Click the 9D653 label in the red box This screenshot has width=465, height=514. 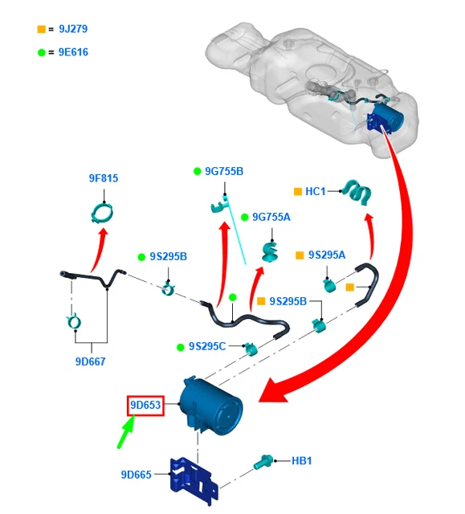145,405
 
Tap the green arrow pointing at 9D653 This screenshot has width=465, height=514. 126,431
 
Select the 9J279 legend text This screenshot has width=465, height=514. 73,29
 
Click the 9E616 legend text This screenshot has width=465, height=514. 73,52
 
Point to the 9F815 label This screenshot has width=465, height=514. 104,178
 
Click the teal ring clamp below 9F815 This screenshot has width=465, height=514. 102,213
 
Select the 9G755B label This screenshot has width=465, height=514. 224,171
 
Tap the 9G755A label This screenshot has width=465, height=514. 271,217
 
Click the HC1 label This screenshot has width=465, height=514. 316,191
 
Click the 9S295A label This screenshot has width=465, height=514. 327,255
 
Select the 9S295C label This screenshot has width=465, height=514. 207,346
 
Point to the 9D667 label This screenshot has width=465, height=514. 91,361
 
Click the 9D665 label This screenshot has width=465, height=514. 137,475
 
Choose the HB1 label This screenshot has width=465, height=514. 302,461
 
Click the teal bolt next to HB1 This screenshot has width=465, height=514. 263,462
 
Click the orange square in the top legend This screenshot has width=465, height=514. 41,29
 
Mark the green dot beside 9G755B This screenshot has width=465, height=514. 197,171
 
